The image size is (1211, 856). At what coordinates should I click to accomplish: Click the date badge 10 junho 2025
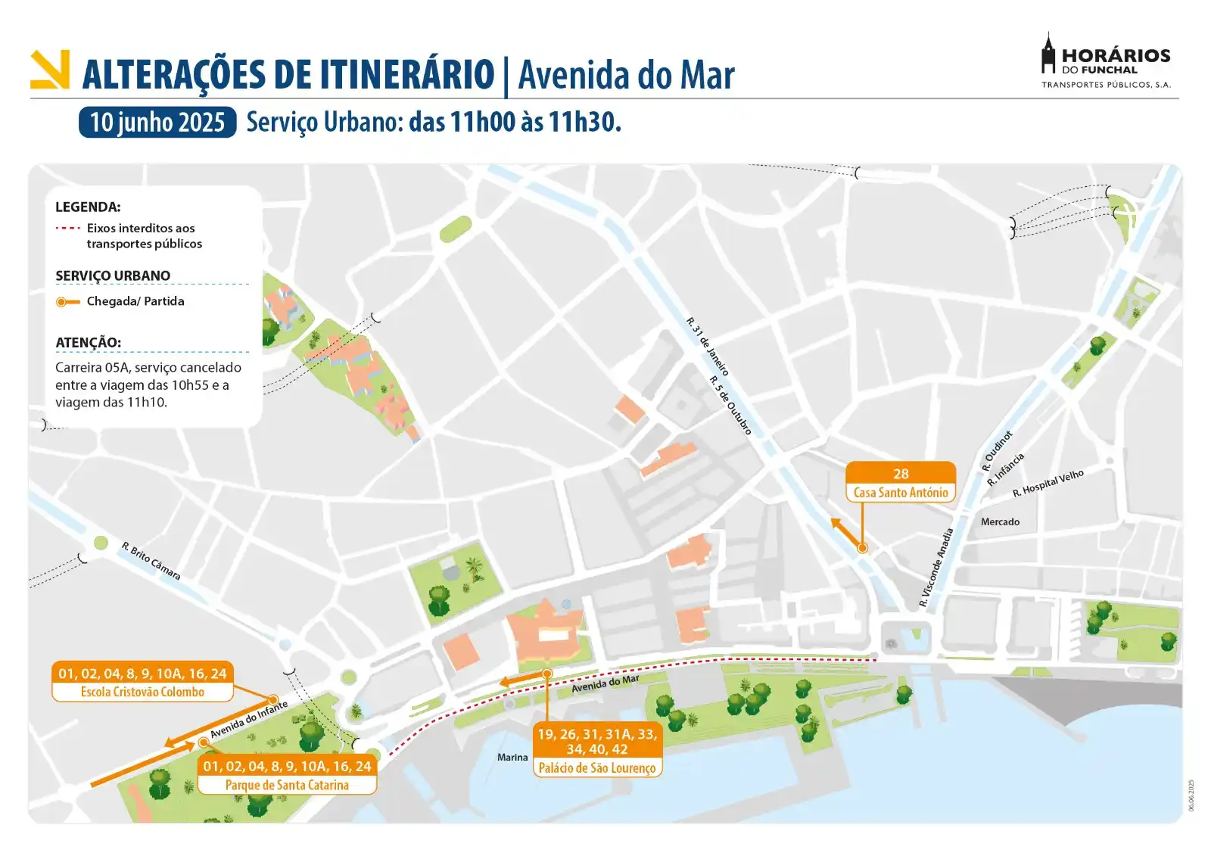tap(157, 122)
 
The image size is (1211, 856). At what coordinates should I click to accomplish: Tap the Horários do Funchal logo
tap(1106, 61)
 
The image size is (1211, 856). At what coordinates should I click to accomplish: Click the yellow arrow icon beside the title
tap(50, 70)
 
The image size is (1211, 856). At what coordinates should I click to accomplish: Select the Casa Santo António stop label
tap(901, 493)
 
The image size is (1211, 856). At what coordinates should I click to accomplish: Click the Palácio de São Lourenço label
tap(597, 767)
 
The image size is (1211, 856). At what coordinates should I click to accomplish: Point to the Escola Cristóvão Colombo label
tap(142, 692)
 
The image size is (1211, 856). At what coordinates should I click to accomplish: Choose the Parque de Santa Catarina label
tap(287, 785)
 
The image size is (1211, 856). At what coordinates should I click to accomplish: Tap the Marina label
tap(512, 757)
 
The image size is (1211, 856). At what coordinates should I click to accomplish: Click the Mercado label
tap(1000, 521)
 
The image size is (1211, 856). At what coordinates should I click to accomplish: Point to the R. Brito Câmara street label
tap(151, 561)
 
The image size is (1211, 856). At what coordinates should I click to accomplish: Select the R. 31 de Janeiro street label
tap(708, 347)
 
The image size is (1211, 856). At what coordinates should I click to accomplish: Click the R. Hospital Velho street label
tap(1048, 483)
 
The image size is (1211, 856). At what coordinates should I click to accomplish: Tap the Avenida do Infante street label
tap(249, 720)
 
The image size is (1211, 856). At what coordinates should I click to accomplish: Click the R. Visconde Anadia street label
tap(936, 568)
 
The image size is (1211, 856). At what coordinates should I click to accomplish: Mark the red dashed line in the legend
tap(67, 228)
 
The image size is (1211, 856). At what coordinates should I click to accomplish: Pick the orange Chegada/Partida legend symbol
tap(67, 301)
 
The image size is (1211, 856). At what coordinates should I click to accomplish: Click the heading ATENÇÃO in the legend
tap(88, 342)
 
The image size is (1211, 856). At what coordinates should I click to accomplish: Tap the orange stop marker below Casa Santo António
tap(862, 547)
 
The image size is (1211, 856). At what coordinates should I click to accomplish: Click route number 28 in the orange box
tap(901, 474)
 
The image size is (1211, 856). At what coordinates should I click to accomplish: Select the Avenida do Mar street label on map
tap(605, 683)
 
